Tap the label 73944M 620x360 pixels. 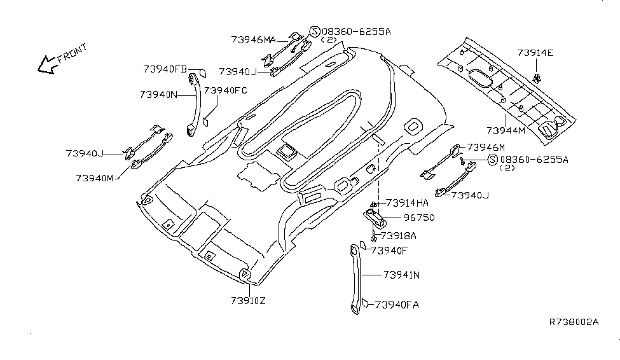[x=506, y=130]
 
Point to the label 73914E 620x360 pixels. [x=535, y=53]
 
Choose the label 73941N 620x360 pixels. [x=400, y=275]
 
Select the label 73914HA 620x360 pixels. [x=407, y=203]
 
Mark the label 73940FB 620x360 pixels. [x=165, y=68]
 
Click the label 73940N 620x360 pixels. [x=158, y=94]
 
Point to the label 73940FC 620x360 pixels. [x=225, y=90]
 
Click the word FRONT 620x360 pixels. [x=72, y=54]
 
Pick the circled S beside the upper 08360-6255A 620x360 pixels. [x=314, y=31]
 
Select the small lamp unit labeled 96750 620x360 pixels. [x=375, y=218]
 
